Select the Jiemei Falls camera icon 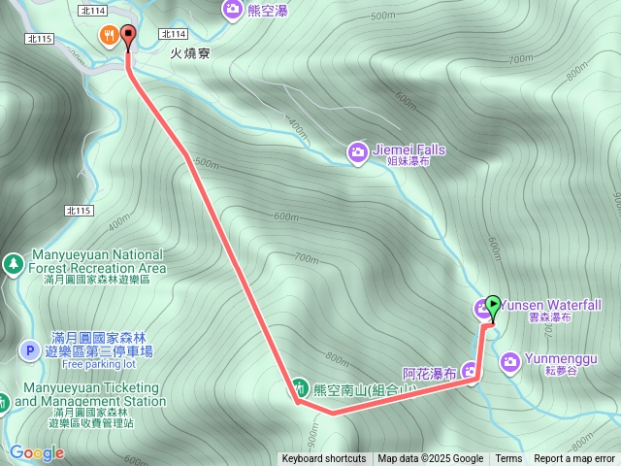358,150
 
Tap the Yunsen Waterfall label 551,305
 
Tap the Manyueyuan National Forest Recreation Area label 97,261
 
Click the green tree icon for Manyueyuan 13,262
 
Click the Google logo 36,452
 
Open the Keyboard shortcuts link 323,459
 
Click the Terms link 508,459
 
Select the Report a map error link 574,459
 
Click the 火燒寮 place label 191,54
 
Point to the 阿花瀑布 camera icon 472,370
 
